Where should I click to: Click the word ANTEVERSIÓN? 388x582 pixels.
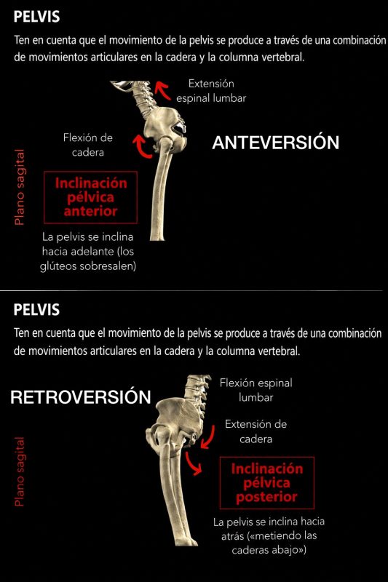tap(275, 143)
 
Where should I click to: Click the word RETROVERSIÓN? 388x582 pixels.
tap(81, 397)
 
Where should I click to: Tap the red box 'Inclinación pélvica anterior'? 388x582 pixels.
tap(90, 197)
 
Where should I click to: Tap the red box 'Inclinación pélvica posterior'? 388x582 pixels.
tap(267, 482)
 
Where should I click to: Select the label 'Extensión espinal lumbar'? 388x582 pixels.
tap(211, 91)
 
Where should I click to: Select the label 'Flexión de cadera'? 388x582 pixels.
tap(88, 145)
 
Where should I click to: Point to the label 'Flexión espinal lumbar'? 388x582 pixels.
tap(256, 390)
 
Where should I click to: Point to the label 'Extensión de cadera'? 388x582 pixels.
tap(256, 431)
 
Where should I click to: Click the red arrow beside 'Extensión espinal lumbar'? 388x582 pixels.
tap(163, 89)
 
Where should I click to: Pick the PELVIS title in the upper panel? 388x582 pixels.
tap(36, 17)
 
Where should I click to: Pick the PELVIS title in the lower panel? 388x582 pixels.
tap(36, 310)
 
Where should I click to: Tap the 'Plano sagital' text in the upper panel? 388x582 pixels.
tap(20, 187)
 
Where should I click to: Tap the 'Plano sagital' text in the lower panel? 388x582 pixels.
tap(20, 471)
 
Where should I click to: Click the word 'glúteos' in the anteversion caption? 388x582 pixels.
tap(57, 266)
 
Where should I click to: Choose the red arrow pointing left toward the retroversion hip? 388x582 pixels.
tap(208, 437)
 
